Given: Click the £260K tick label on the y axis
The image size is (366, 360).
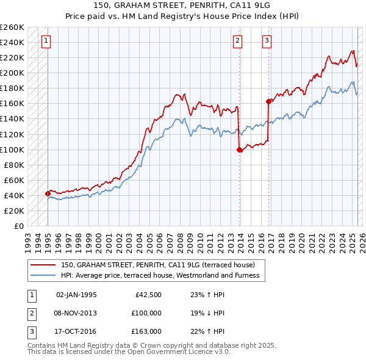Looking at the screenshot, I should pos(12,27).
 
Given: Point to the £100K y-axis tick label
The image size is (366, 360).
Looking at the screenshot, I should pos(12,149).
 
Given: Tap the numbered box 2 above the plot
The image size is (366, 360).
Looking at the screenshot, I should pos(237,41).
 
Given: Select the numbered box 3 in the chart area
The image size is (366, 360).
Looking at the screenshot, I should pos(267,41).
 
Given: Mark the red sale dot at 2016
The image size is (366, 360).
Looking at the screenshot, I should pos(268,101).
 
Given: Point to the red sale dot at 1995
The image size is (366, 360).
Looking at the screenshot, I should pos(48,193).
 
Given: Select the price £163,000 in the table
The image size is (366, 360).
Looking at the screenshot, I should pos(146,331).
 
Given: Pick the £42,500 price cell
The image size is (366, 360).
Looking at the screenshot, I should pos(148,295).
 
